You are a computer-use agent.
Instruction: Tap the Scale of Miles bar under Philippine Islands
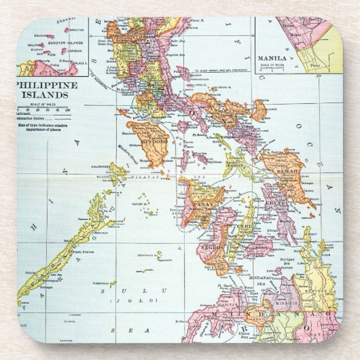[x=41, y=109]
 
